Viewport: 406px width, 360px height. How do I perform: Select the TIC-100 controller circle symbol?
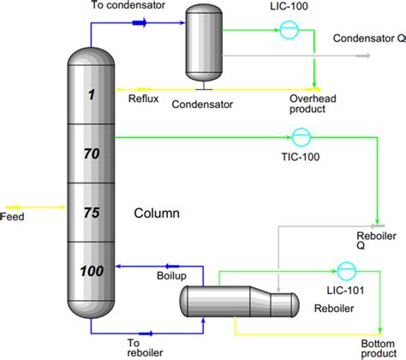[301, 136]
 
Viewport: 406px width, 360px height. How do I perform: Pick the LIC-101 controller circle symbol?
[346, 271]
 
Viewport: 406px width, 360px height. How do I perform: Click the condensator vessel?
[202, 41]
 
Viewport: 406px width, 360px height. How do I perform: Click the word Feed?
[13, 218]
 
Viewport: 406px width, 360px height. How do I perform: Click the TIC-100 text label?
[300, 155]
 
